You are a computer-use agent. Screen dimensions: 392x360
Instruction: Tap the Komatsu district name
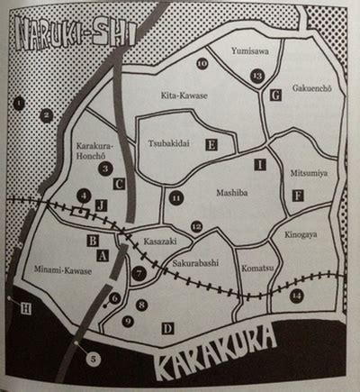click(x=256, y=268)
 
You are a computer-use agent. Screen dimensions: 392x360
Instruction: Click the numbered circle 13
click(x=257, y=77)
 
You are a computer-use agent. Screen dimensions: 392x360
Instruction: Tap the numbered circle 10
click(x=202, y=63)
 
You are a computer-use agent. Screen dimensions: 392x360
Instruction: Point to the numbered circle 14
click(x=297, y=295)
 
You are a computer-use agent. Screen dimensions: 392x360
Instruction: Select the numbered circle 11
click(x=176, y=196)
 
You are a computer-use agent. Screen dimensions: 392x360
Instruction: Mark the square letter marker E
click(x=212, y=143)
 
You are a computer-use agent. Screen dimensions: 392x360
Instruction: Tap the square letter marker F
click(x=298, y=195)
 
